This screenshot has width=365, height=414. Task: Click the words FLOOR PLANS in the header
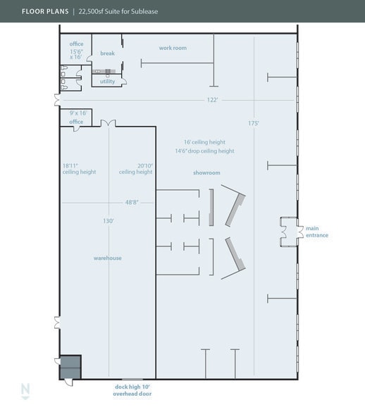pyautogui.click(x=44, y=11)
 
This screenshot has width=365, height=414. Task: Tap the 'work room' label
pyautogui.click(x=173, y=48)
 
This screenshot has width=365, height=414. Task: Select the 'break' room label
pyautogui.click(x=107, y=54)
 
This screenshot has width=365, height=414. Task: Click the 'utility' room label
pyautogui.click(x=107, y=82)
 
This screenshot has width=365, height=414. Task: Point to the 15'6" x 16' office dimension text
pyautogui.click(x=76, y=54)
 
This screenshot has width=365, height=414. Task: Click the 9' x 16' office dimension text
pyautogui.click(x=77, y=113)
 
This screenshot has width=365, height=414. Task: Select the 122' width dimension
pyautogui.click(x=213, y=100)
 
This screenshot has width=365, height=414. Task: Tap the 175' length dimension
pyautogui.click(x=254, y=123)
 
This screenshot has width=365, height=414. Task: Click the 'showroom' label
pyautogui.click(x=206, y=172)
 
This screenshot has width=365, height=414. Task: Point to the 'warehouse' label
pyautogui.click(x=107, y=258)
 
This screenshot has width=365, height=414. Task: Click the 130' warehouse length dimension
pyautogui.click(x=109, y=220)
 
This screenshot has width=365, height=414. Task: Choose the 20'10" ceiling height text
pyautogui.click(x=135, y=169)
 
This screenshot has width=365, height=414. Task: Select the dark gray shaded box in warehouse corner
pyautogui.click(x=70, y=366)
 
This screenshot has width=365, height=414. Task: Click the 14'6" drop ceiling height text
pyautogui.click(x=204, y=151)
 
